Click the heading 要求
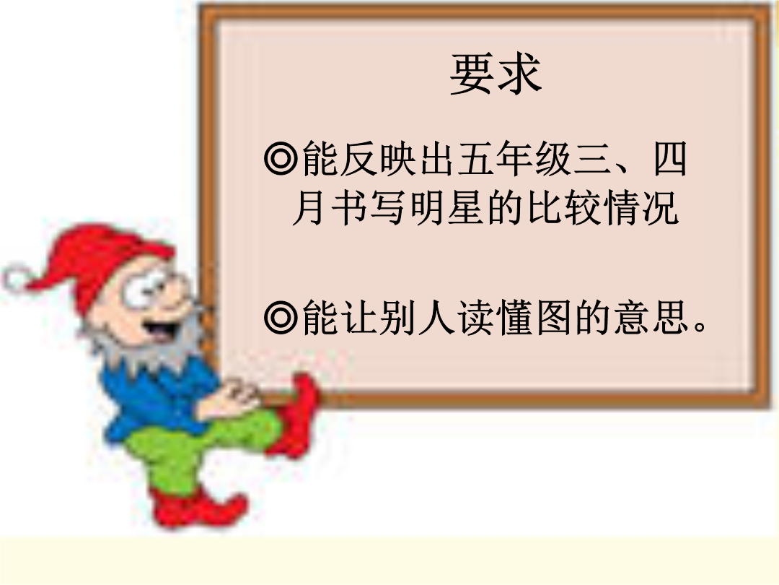pos(495,74)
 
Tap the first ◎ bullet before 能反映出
pos(281,159)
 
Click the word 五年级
pos(514,159)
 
